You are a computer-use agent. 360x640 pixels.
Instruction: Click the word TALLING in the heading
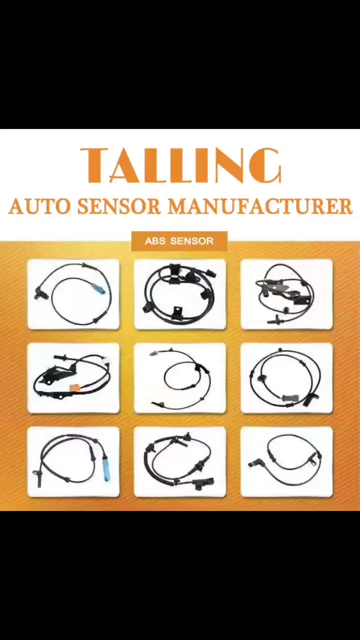coord(181,165)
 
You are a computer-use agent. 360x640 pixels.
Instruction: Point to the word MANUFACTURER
coord(259,206)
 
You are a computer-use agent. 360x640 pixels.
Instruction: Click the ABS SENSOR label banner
coord(179,241)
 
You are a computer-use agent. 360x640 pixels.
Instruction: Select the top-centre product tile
coord(180,294)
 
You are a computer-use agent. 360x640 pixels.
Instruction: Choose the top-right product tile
coord(286,294)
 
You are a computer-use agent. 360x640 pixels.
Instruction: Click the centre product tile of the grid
coord(180,377)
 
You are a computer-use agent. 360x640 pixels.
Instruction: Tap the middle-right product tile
coord(286,377)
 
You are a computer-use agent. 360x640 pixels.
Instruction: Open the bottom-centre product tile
coord(180,461)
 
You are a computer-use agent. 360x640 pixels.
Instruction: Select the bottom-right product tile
coord(286,461)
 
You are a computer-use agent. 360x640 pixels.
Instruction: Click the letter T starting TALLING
coord(94,165)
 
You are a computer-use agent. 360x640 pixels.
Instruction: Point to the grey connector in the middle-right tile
coord(290,397)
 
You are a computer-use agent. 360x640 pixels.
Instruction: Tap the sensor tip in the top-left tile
coord(39,293)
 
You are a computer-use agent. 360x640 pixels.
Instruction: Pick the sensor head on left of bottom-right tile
coord(252,464)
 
